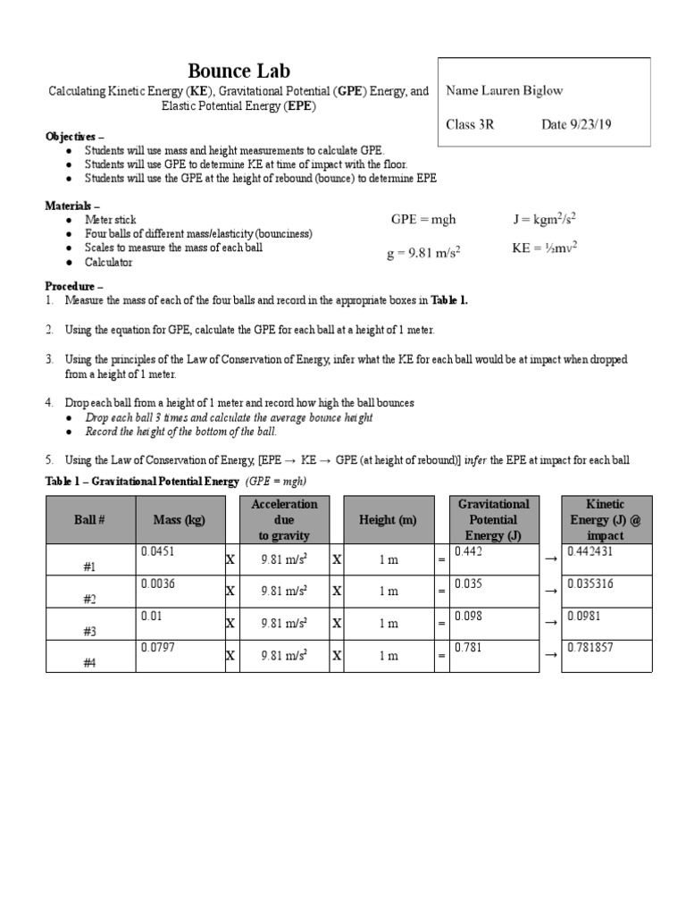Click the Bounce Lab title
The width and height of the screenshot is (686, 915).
tap(238, 71)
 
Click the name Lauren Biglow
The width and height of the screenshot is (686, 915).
tap(504, 90)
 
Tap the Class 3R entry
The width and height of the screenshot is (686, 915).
tap(470, 125)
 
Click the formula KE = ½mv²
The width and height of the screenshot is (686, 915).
tap(544, 248)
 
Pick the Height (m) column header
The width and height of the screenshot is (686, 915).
tap(387, 520)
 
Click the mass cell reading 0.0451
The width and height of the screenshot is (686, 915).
tap(158, 552)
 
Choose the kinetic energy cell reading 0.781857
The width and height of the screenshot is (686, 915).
tap(590, 648)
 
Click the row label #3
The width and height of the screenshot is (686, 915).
tap(89, 631)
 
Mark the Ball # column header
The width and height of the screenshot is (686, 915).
tap(89, 520)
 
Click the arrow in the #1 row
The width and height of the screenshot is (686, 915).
tap(550, 558)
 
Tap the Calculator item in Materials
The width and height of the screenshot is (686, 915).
tap(108, 263)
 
